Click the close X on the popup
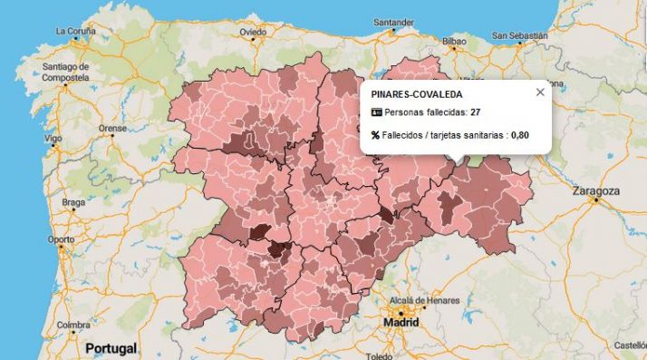[540, 92]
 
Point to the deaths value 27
[475, 112]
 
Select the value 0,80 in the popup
[519, 135]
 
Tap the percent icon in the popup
[376, 135]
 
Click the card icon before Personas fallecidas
[377, 112]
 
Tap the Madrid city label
[402, 322]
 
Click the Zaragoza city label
[596, 191]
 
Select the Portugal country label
[111, 348]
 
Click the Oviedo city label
[253, 31]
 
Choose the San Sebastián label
[521, 36]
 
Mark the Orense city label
[112, 129]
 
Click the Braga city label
[72, 202]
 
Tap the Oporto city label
[62, 239]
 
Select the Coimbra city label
[72, 324]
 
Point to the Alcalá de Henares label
[424, 300]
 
